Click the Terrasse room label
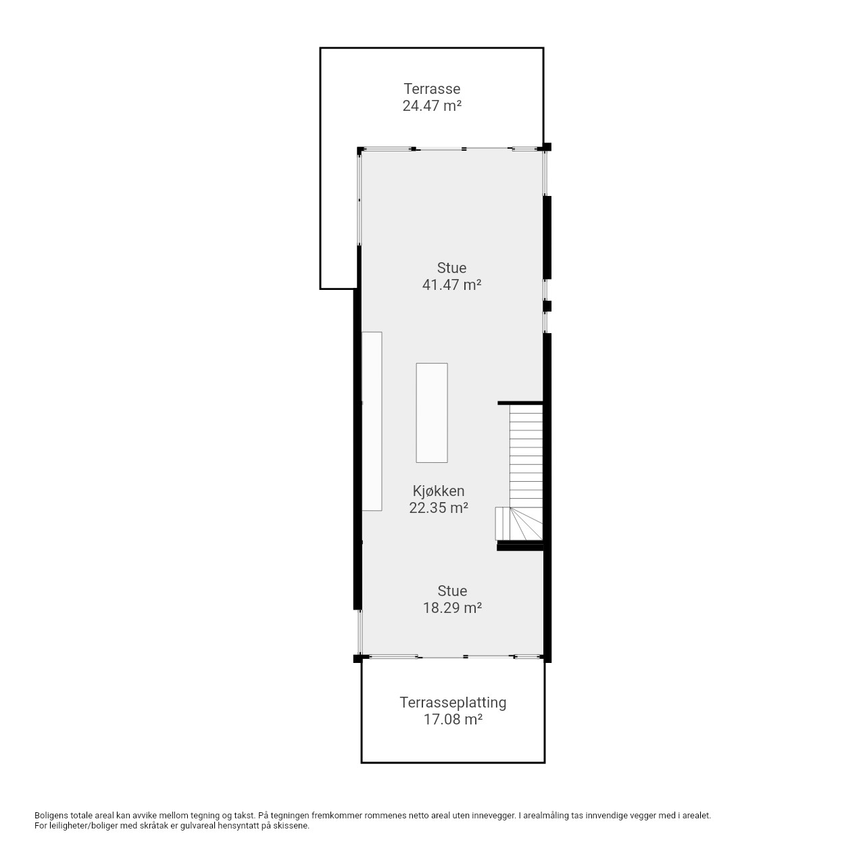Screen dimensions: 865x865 pos(431,89)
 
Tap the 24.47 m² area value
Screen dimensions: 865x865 pos(431,106)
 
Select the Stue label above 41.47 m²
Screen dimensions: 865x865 pos(451,268)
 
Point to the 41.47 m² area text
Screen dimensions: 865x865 pos(451,285)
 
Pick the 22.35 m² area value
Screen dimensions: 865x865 pos(438,508)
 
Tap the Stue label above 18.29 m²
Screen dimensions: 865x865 pos(452,591)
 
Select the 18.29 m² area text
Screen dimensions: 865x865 pos(452,608)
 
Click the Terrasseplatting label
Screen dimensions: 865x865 pos(453,703)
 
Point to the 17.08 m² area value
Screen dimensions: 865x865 pos(453,719)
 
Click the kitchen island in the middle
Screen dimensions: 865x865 pos(431,412)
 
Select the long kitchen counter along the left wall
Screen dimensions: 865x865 pos(372,421)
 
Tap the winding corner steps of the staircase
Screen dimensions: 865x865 pos(518,524)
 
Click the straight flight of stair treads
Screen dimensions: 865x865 pos(526,455)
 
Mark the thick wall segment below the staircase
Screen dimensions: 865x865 pos(520,547)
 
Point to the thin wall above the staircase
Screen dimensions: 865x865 pos(520,403)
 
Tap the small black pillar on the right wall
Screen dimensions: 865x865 pos(547,306)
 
